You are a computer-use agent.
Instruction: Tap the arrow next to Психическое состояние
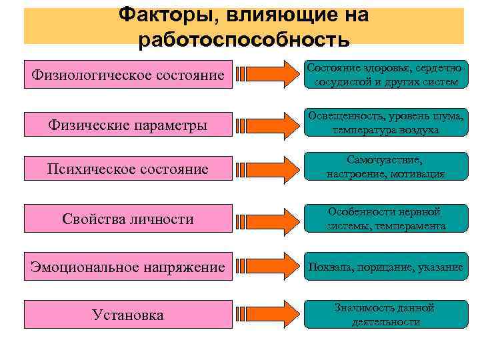[x=267, y=169]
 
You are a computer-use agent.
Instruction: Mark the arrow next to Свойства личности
[x=267, y=219]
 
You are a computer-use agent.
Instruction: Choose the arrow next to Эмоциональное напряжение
[x=267, y=267]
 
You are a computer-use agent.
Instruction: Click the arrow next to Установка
[x=267, y=313]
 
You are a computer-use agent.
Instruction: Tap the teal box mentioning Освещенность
[x=385, y=123]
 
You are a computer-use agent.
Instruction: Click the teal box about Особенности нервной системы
[x=385, y=219]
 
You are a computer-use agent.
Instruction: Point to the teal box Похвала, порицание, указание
[x=385, y=267]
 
